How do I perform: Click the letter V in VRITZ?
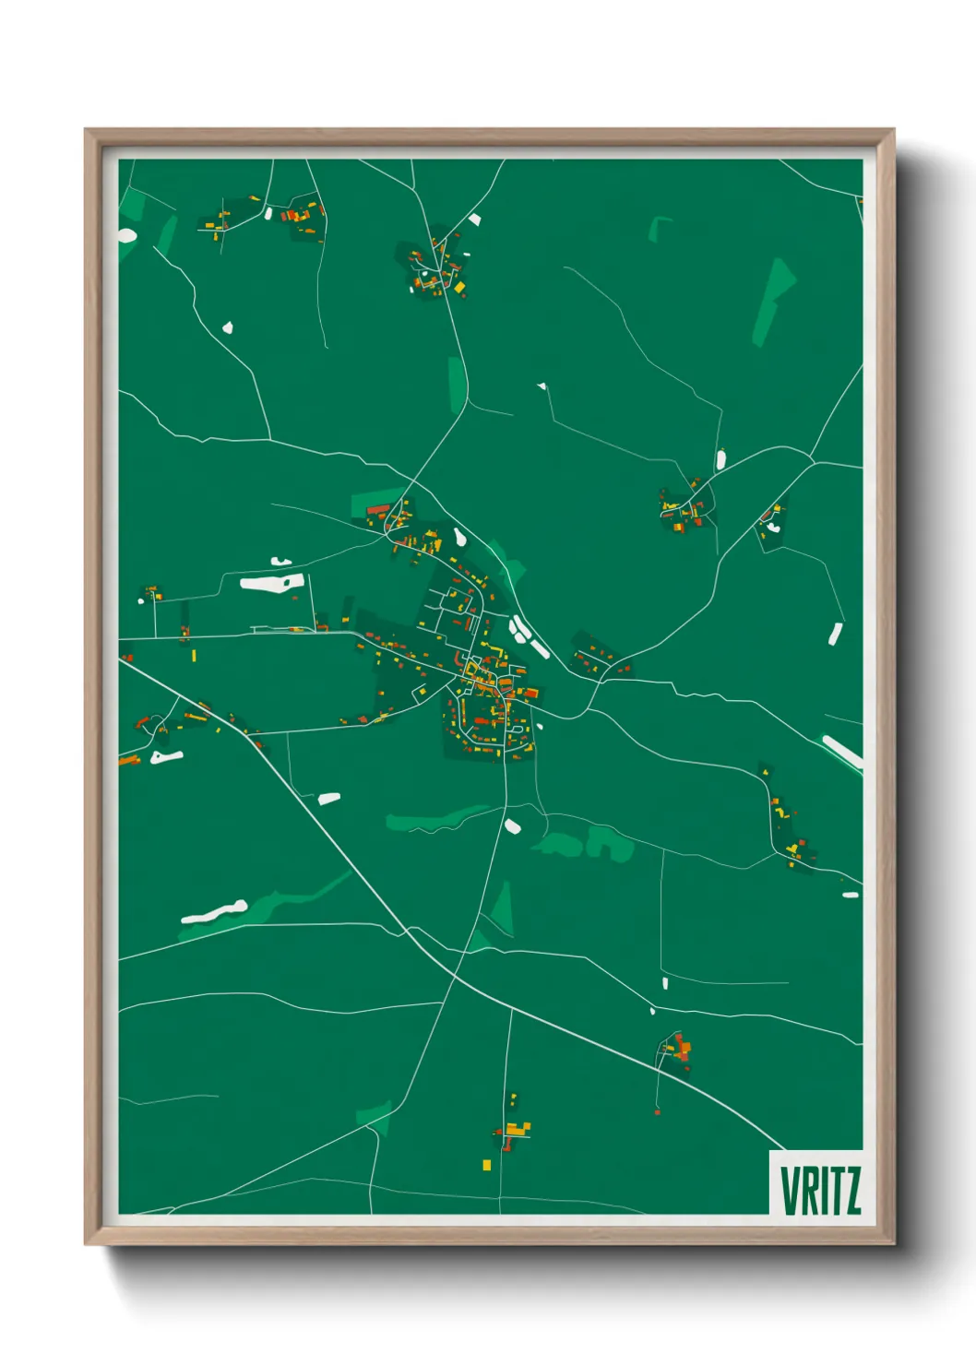791,1191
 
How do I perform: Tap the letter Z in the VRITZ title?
851,1191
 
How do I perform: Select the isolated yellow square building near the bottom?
486,1166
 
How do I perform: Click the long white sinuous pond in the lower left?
214,912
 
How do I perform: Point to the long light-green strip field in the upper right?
772,300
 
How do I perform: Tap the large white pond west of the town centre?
271,583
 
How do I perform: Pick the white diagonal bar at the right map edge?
842,751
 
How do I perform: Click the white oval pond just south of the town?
513,825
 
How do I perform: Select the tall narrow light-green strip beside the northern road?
457,384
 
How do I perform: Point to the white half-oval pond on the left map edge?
126,236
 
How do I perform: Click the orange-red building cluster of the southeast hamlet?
682,1049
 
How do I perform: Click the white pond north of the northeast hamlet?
720,459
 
